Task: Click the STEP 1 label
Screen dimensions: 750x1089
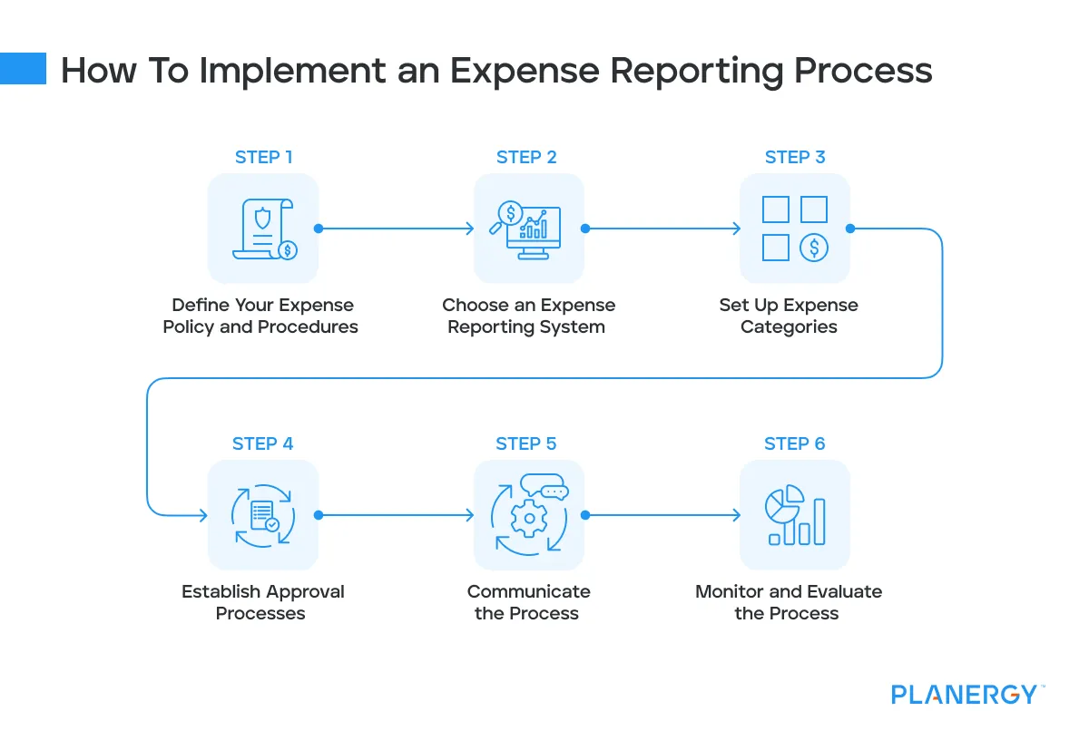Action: pyautogui.click(x=263, y=157)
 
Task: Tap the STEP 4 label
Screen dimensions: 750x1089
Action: pyautogui.click(x=262, y=443)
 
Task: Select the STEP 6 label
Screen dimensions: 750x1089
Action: pyautogui.click(x=794, y=443)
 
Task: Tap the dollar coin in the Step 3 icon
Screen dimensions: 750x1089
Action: pyautogui.click(x=813, y=247)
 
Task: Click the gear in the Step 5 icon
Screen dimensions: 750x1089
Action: pyautogui.click(x=526, y=519)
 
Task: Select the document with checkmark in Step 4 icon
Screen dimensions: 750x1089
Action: pyautogui.click(x=264, y=515)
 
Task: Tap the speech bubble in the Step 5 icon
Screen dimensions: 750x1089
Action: pyautogui.click(x=553, y=491)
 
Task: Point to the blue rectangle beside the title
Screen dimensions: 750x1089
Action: pyautogui.click(x=23, y=68)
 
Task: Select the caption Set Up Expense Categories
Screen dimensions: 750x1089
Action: pyautogui.click(x=789, y=316)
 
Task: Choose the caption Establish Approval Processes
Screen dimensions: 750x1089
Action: pyautogui.click(x=262, y=602)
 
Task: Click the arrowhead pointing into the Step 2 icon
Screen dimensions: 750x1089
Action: pyautogui.click(x=469, y=229)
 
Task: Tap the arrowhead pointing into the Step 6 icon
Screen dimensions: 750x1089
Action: pyautogui.click(x=736, y=515)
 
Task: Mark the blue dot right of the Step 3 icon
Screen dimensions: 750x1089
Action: pyautogui.click(x=850, y=229)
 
